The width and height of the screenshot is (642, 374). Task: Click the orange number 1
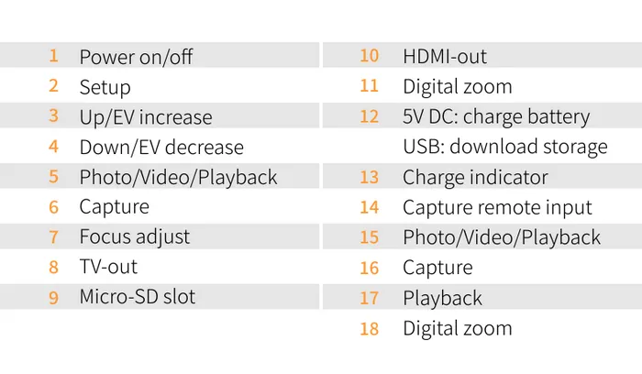(x=54, y=56)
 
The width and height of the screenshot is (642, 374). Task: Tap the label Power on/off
(x=136, y=57)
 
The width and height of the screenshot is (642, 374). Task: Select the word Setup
(x=105, y=87)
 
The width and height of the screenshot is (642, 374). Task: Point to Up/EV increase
(x=145, y=117)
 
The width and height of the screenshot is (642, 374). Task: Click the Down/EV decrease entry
(x=161, y=147)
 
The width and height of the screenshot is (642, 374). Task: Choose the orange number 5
(x=54, y=176)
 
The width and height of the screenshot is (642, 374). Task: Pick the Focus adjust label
(x=134, y=236)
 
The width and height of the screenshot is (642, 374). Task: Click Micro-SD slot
(x=137, y=296)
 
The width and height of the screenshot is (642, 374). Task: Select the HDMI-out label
(x=445, y=56)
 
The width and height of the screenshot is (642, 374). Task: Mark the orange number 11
(x=369, y=86)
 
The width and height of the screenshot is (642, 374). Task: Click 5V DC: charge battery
(x=496, y=116)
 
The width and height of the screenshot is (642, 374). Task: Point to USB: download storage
(x=504, y=147)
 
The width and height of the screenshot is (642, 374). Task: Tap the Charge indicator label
(x=475, y=177)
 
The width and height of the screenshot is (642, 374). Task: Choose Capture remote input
(x=497, y=207)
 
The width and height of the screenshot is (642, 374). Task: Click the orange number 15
(x=369, y=236)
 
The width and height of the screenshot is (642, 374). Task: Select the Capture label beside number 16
(x=437, y=268)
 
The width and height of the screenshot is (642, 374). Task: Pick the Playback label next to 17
(x=442, y=297)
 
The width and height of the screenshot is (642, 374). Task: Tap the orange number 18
(x=369, y=328)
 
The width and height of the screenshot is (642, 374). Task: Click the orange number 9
(x=54, y=297)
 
